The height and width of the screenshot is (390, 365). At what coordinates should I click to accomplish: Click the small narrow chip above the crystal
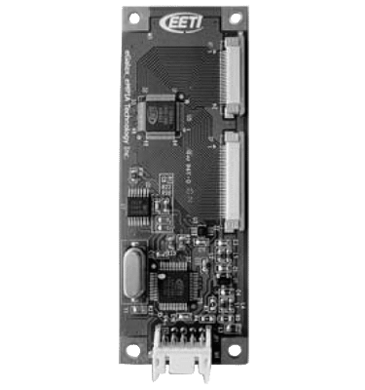coord(141,206)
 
